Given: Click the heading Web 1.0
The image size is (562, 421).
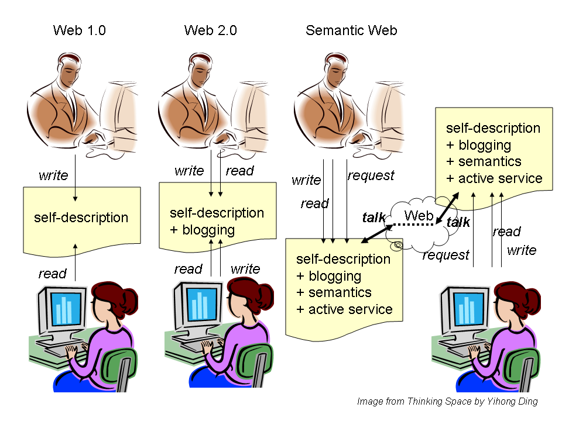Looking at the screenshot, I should coord(80,30).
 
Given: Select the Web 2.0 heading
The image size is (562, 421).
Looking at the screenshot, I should coord(211,30).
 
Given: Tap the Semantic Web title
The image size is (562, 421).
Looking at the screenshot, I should coord(351,30).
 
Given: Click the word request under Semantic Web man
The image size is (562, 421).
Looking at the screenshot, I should coord(371,175).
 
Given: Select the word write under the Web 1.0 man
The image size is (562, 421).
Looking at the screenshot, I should coord(53,175).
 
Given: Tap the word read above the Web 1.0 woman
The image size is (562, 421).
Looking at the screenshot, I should coord(52,273).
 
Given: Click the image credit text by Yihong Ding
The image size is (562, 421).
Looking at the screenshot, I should coord(447,401).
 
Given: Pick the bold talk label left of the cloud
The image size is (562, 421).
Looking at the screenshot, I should coord(374,218).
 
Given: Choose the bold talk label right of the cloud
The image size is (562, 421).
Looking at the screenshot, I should coord(458,222).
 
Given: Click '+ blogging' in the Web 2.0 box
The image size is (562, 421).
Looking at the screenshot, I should coord(202,230).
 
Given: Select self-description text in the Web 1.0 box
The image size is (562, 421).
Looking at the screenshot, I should coord(81,218).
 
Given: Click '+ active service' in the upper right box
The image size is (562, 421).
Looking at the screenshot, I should coord(494,178).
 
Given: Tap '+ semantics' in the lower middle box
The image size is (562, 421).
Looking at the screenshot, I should coord(334,292).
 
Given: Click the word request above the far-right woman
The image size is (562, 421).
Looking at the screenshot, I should coord(446,255).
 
